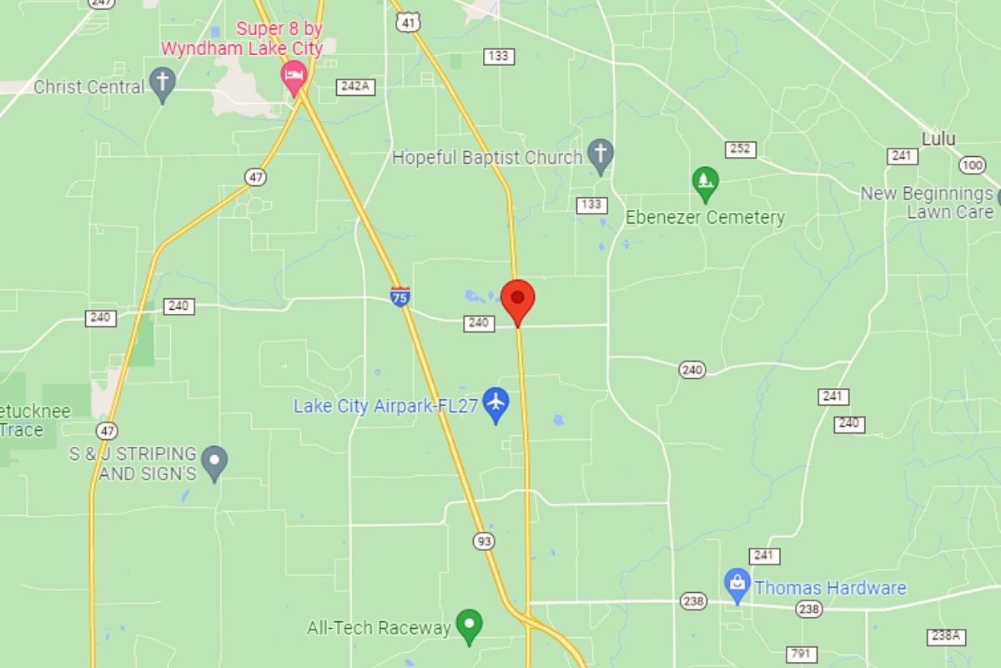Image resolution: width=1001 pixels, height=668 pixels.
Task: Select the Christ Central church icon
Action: pos(163,85)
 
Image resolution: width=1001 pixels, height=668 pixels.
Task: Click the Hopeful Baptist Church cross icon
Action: pos(600,155)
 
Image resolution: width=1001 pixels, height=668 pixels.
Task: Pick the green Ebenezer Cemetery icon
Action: pos(706,183)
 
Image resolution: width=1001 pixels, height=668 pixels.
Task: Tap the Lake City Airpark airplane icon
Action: pos(496,403)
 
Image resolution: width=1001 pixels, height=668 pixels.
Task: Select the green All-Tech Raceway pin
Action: pos(470,625)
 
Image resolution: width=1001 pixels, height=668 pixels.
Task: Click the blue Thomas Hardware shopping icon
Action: pos(737,584)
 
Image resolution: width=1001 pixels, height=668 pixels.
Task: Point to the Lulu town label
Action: pos(938,139)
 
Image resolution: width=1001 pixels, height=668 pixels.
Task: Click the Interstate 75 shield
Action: pos(400,296)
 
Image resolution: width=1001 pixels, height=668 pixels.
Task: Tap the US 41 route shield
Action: pos(408,23)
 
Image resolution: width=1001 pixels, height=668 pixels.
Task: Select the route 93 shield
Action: pos(483,541)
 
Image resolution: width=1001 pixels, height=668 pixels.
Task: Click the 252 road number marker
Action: pos(741,149)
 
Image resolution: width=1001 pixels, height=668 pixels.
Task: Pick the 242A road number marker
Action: pos(355,86)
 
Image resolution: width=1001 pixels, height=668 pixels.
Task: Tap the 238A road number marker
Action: pos(947,636)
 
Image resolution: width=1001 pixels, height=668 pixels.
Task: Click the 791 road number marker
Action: pos(802,654)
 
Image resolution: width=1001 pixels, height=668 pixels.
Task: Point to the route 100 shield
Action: pos(972,165)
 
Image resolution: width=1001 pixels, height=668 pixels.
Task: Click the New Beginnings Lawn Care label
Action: pos(927,203)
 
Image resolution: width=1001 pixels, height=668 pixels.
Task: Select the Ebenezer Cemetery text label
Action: pos(706,218)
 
